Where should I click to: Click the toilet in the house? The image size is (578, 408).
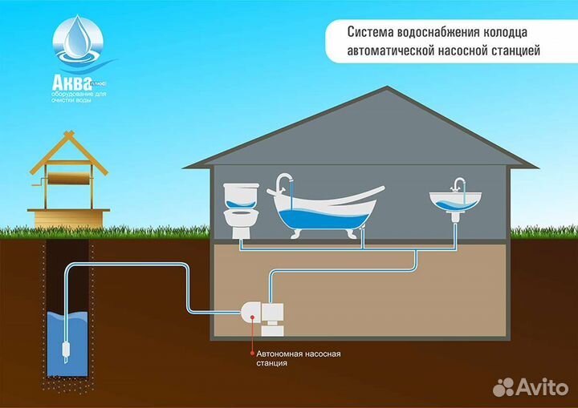coord(238,211)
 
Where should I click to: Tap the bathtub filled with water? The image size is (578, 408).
coord(321,209)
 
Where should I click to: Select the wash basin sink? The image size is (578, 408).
coord(454,199)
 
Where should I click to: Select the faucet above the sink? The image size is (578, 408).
coord(458,184)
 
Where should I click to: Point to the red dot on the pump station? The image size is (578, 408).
coord(254,317)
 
